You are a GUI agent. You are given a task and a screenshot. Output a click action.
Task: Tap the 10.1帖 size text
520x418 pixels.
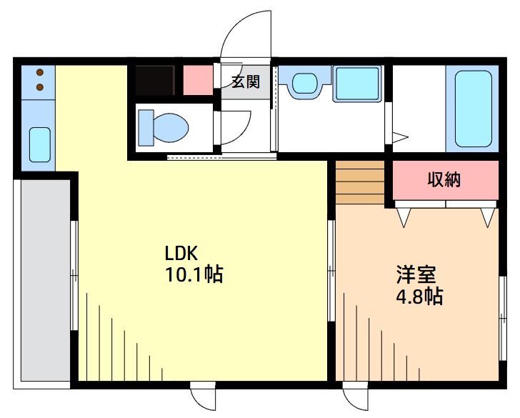point(194,274)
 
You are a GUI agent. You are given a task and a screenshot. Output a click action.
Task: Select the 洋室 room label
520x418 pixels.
point(416,274)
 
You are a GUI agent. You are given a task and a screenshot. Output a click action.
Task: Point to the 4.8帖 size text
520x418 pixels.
point(419,296)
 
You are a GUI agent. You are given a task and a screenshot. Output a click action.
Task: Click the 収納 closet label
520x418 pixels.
point(444,179)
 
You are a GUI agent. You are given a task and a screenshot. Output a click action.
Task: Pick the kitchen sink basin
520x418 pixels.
point(39,145)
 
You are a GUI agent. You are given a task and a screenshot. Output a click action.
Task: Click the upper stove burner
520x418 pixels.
point(40,73)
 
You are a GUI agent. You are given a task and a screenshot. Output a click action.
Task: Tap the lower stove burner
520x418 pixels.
point(40,87)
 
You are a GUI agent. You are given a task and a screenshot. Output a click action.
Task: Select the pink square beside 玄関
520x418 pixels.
point(198,80)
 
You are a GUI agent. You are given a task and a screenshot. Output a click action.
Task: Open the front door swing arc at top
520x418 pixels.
point(246,36)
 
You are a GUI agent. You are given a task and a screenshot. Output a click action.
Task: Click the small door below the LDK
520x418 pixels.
point(203,397)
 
